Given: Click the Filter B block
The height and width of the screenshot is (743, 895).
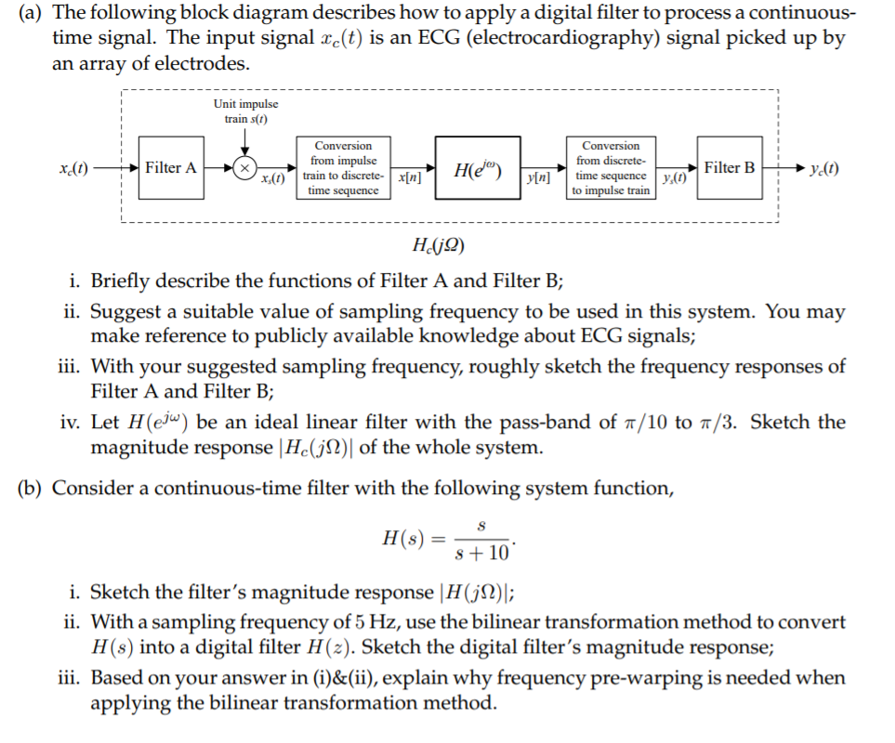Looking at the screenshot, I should [x=730, y=168].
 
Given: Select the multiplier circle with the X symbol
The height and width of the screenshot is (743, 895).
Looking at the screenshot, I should [x=244, y=168].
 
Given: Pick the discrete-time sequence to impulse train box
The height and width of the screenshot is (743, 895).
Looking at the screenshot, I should [x=611, y=168].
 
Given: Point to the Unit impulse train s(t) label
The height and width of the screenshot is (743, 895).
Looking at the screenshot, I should [x=245, y=111].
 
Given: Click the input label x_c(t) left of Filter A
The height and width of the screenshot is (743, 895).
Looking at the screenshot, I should [x=73, y=168].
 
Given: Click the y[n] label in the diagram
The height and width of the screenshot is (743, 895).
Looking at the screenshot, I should [x=538, y=179].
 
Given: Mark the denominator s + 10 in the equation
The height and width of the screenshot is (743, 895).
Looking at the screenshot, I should [x=482, y=554].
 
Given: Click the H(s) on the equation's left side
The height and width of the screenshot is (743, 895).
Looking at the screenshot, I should [x=402, y=539].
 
